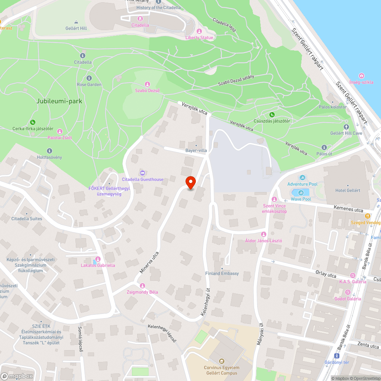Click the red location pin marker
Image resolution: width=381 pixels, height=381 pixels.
tap(190, 182)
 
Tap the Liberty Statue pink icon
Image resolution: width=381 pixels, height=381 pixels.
tap(199, 31)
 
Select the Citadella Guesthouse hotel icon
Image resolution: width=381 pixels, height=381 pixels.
tap(142, 173)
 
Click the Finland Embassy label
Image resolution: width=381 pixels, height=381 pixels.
tap(222, 273)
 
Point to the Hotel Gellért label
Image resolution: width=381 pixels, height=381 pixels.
tap(348, 190)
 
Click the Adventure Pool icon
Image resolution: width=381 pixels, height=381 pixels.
tap(302, 178)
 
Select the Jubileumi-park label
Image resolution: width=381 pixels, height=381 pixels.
tap(59, 101)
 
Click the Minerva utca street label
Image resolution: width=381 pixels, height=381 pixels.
tap(149, 262)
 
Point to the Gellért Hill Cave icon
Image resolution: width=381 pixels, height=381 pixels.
tap(346, 126)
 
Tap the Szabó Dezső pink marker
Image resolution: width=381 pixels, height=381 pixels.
tap(147, 84)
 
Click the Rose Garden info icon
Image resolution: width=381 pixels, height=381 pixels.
tap(89, 78)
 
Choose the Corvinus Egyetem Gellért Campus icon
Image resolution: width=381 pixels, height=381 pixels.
tap(221, 361)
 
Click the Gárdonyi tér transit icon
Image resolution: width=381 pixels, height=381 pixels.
tap(336, 356)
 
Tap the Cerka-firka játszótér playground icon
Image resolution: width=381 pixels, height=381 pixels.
tap(33, 122)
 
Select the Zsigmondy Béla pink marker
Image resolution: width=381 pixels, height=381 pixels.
tap(142, 286)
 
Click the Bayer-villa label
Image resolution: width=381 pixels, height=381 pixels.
tap(196, 150)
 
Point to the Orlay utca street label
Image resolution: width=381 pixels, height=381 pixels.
tap(326, 275)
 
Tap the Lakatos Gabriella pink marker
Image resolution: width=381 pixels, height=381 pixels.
tap(98, 259)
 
